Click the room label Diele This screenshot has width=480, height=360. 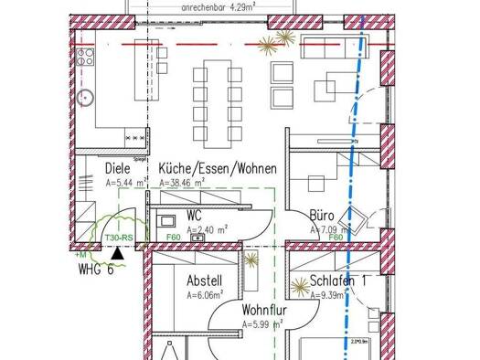[x=117, y=168]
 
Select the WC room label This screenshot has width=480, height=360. [x=194, y=215]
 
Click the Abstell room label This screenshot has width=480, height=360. [x=204, y=281]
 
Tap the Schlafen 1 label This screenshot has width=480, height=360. [x=337, y=281]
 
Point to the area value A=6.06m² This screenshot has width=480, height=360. [x=206, y=296]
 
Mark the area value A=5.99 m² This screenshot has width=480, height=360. [x=261, y=324]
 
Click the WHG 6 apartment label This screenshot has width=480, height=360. [x=96, y=270]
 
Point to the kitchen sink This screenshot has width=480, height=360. [x=89, y=95]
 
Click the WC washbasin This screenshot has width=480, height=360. [x=196, y=238]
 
